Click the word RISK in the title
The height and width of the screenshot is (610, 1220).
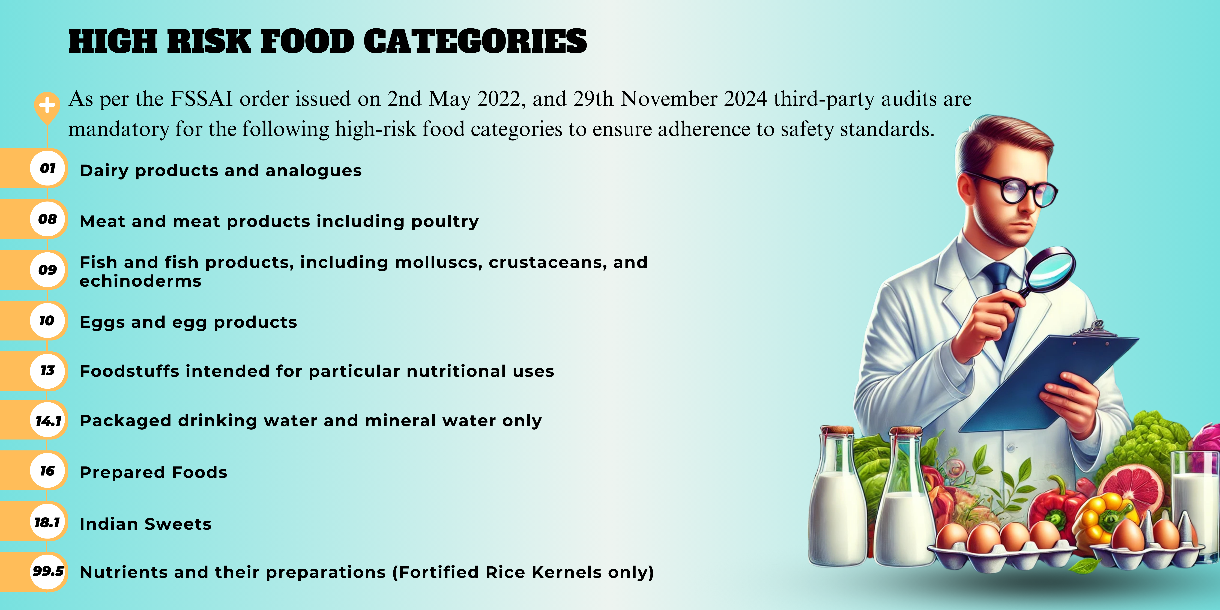208,41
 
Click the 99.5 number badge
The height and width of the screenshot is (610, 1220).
48,571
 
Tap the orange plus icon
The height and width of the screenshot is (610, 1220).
47,105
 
